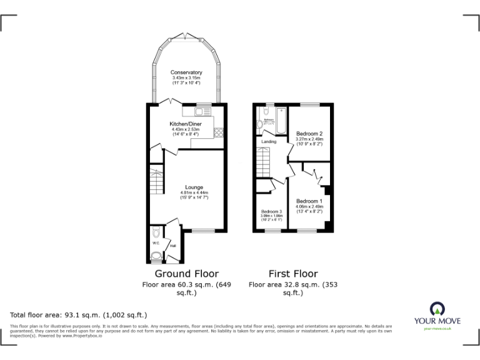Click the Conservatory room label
pyautogui.click(x=187, y=72)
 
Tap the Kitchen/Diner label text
pyautogui.click(x=186, y=124)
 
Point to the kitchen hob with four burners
pyautogui.click(x=219, y=132)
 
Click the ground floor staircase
pyautogui.click(x=155, y=181)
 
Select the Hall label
pyautogui.click(x=172, y=246)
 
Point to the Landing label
pyautogui.click(x=269, y=142)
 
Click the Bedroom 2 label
pyautogui.click(x=309, y=134)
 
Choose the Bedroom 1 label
pyautogui.click(x=309, y=201)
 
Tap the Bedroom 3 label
pyautogui.click(x=271, y=211)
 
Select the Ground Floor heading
pyautogui.click(x=186, y=274)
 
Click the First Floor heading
pyautogui.click(x=292, y=274)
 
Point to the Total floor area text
pyautogui.click(x=78, y=315)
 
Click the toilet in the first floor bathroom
pyautogui.click(x=261, y=124)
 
